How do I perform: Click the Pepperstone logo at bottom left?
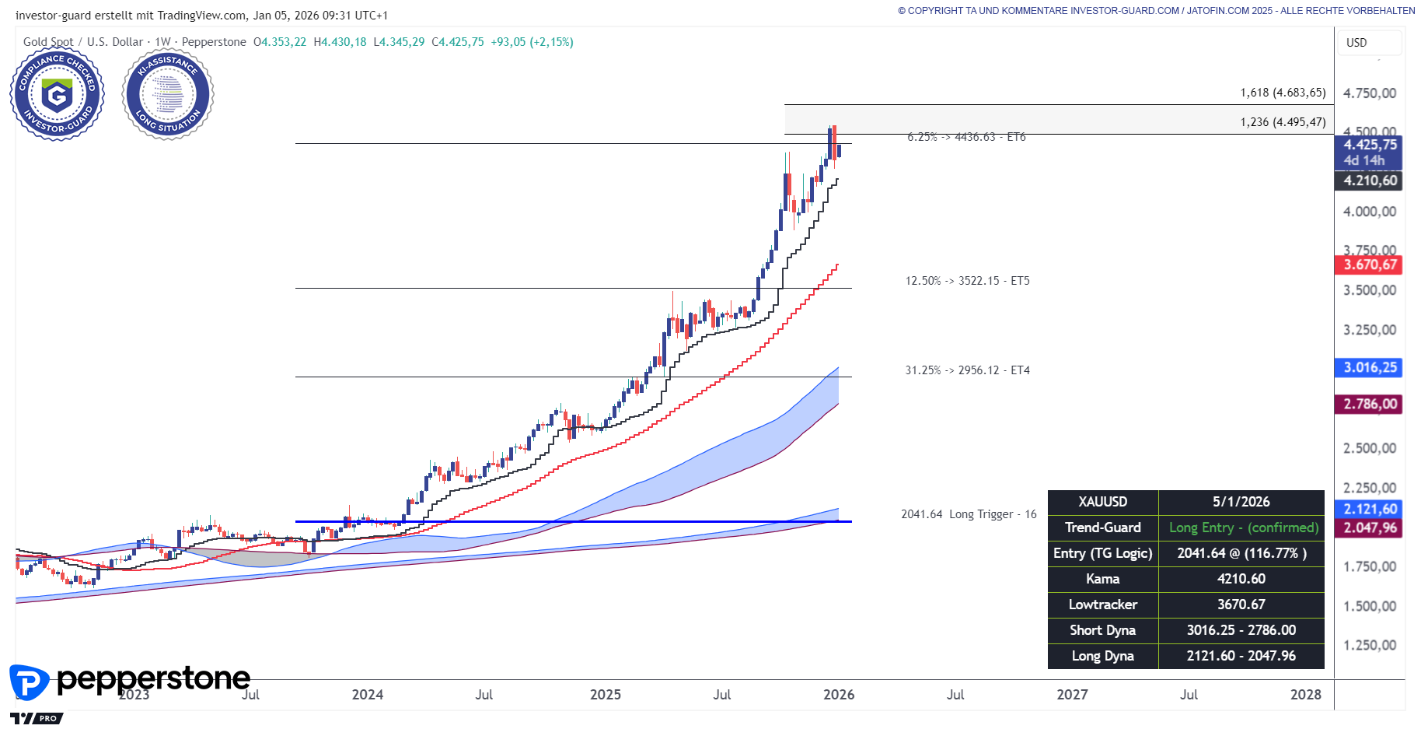[129, 680]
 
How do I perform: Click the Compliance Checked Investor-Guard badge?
[57, 95]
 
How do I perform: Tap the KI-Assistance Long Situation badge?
[168, 95]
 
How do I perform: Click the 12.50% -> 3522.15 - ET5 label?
[967, 281]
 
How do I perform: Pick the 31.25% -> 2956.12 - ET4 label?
[967, 370]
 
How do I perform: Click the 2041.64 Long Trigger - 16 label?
[969, 514]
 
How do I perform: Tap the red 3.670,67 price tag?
[1370, 265]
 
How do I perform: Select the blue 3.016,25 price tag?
[1370, 367]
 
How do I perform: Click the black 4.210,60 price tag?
[1370, 180]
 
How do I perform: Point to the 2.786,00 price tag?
[1370, 404]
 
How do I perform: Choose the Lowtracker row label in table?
[1102, 605]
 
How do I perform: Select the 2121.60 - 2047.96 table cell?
[1241, 656]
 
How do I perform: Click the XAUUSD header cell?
[1102, 502]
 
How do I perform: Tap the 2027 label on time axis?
[1072, 695]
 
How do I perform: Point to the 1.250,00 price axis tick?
[1370, 645]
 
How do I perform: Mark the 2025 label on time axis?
[605, 695]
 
